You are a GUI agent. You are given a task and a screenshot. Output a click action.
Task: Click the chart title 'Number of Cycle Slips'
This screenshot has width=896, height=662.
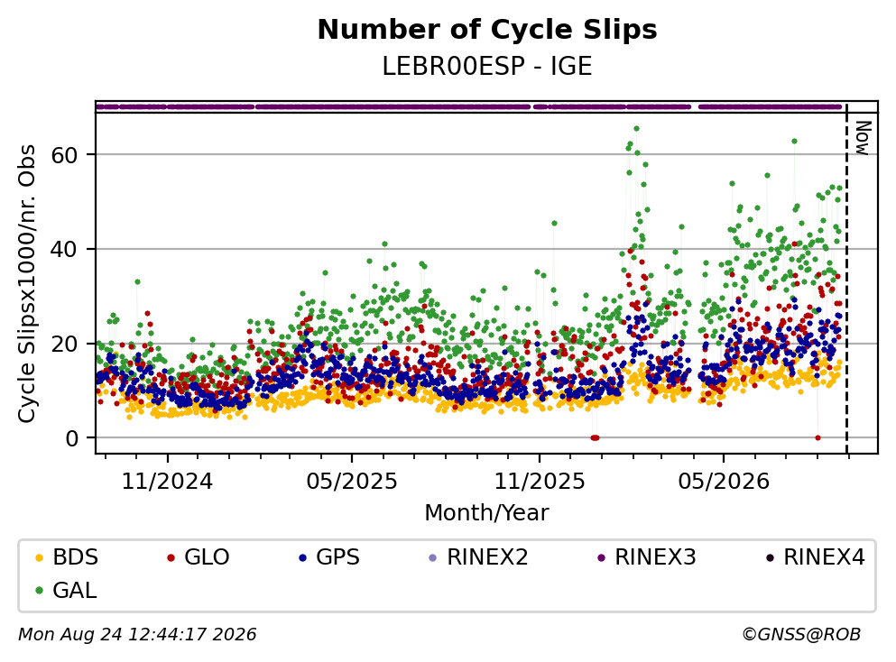487,30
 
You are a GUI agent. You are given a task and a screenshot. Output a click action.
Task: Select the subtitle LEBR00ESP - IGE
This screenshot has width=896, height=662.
487,66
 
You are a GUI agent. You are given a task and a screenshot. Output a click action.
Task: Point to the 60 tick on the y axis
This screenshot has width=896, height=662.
64,155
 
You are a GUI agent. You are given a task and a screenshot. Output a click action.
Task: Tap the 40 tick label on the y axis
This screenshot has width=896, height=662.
64,249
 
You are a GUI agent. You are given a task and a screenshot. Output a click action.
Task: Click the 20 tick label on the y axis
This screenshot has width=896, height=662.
64,344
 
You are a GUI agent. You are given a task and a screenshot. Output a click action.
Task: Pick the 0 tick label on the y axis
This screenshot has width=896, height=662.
71,438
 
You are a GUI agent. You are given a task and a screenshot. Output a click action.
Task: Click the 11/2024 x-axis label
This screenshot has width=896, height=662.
168,482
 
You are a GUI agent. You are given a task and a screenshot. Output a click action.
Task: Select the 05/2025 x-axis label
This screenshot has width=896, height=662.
352,482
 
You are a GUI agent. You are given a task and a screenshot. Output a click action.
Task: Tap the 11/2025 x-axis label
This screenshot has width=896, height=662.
540,482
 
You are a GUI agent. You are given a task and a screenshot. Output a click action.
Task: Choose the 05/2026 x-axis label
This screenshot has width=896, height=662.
724,482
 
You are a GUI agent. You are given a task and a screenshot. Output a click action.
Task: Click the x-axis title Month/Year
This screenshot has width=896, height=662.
487,513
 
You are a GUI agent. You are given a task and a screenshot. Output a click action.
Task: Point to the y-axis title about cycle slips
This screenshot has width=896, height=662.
27,284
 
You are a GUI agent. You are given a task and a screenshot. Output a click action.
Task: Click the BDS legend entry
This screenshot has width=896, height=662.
67,556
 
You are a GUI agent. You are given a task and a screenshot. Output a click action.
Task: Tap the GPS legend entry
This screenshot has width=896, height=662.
329,556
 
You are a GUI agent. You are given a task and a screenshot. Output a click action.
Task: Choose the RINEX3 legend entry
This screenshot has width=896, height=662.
647,556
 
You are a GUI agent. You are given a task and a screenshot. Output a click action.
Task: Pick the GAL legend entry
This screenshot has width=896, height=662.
66,590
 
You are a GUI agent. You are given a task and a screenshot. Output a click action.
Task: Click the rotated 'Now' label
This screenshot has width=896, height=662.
863,138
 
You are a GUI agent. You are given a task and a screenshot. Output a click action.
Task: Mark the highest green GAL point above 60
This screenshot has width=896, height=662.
636,128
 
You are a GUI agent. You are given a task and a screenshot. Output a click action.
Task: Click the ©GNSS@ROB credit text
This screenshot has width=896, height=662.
801,634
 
